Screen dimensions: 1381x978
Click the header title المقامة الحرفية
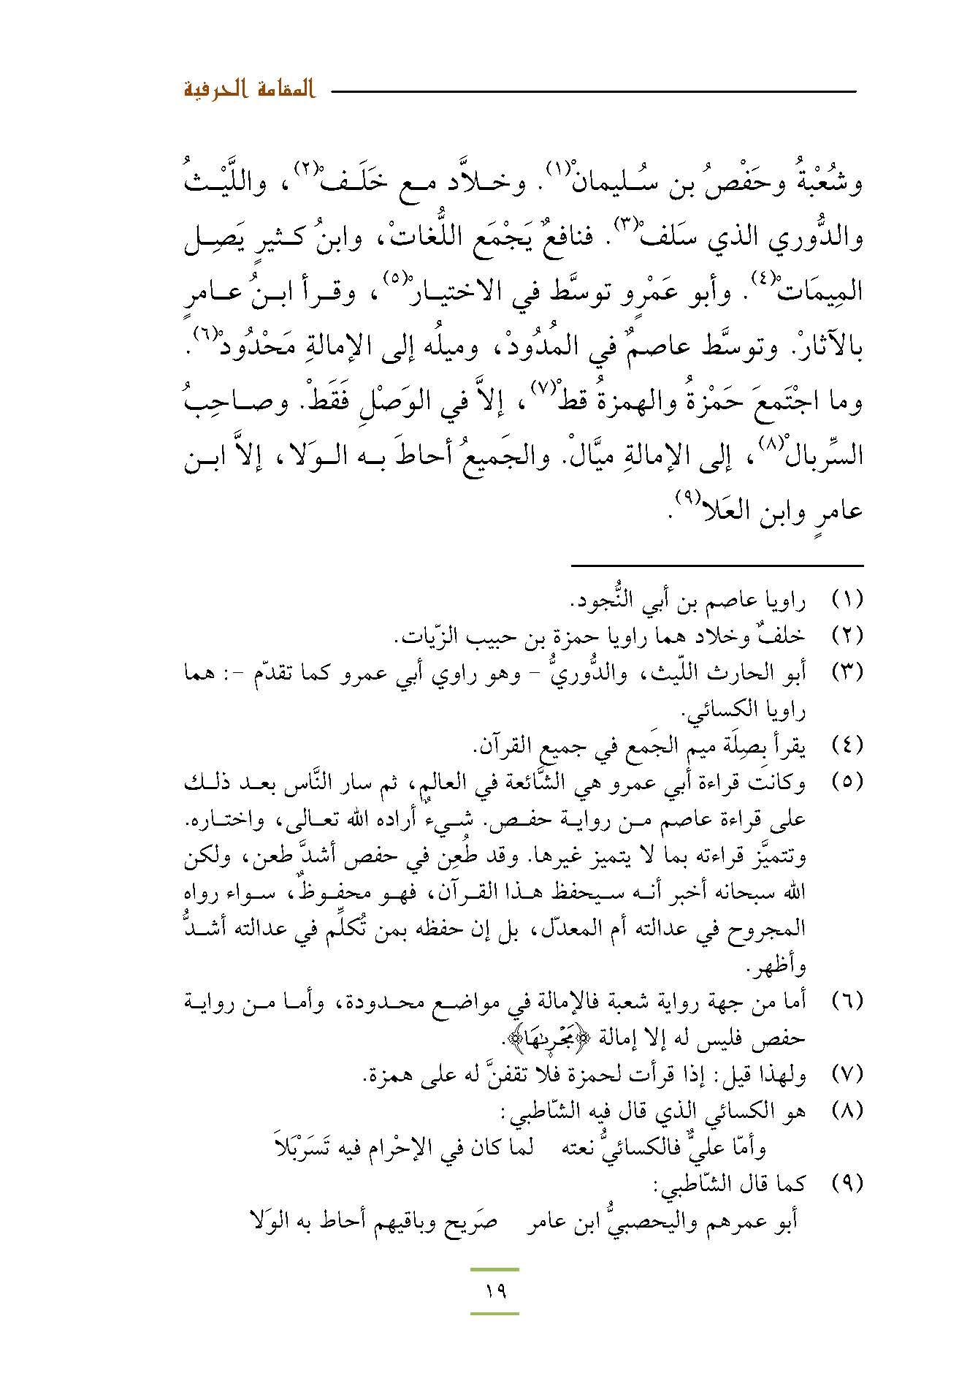[x=248, y=91]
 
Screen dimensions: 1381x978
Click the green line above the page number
[x=494, y=1269]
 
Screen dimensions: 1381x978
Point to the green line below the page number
[x=494, y=1314]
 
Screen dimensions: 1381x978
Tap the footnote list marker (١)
[x=848, y=600]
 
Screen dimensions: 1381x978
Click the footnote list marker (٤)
[x=848, y=746]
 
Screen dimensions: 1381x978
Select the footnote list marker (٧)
[x=848, y=1075]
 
